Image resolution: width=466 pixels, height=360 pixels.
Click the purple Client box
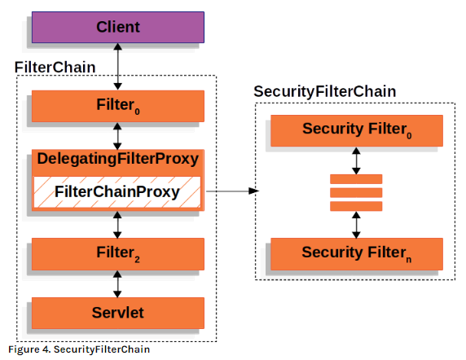coord(117,27)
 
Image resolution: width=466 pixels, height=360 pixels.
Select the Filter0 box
coord(117,107)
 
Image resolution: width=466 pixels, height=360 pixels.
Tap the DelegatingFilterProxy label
coord(117,158)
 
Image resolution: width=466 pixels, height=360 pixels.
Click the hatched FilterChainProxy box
coord(117,192)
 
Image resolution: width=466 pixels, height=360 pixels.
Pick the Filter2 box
coord(117,254)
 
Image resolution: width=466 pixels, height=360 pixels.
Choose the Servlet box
coord(117,312)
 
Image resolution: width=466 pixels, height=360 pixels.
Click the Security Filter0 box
coord(356,130)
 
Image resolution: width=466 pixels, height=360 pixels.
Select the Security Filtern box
coord(356,253)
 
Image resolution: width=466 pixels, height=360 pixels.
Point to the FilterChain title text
coord(55,65)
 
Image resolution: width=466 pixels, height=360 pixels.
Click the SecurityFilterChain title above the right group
coord(325,91)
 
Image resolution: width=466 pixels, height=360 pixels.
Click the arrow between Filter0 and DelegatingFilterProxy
coord(117,134)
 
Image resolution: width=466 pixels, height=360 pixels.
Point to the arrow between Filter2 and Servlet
coord(117,283)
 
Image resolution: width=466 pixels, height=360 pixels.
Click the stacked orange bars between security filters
coord(356,191)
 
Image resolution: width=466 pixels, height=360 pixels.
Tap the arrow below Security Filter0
coord(356,160)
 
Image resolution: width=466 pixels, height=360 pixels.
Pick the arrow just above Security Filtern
coord(356,222)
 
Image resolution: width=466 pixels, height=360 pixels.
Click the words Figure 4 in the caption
coord(25,349)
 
